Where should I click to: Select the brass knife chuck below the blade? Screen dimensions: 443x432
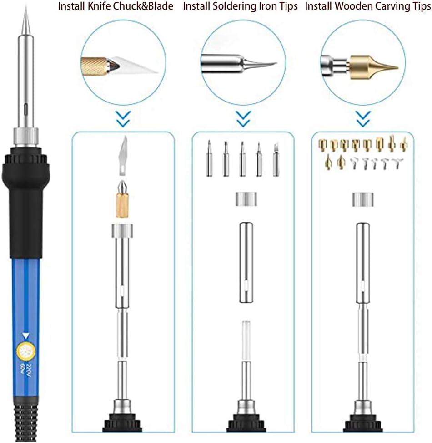click(123, 200)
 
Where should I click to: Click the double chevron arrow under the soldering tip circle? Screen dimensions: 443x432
click(244, 119)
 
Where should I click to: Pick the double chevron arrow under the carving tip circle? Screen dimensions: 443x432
click(362, 119)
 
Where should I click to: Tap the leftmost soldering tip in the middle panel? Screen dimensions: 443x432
click(210, 159)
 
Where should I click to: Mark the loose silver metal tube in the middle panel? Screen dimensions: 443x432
click(245, 263)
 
